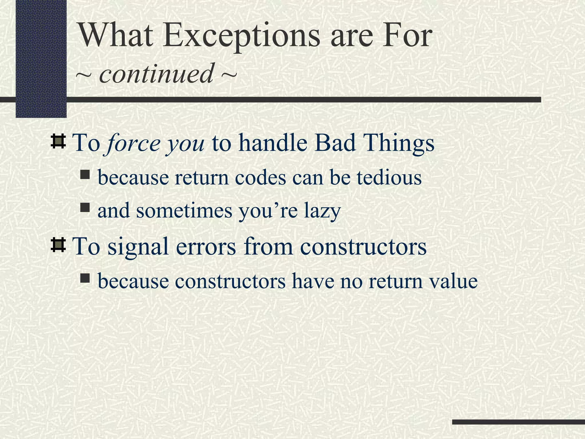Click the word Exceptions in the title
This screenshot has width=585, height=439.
241,36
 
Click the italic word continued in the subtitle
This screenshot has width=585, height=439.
156,73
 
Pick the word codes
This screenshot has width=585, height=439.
261,177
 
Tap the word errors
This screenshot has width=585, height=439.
206,247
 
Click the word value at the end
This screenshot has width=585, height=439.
453,281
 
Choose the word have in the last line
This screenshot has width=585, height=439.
313,281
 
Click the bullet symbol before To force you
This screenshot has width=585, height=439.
58,141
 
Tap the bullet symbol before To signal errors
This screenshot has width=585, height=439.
58,245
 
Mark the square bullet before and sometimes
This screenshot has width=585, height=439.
85,207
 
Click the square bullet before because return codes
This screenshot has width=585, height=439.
85,174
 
